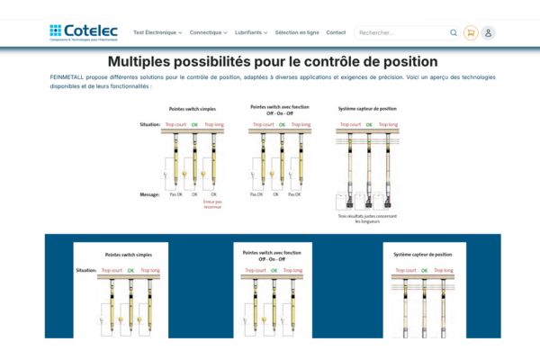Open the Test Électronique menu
click(157, 32)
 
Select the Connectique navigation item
click(208, 32)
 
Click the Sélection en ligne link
click(297, 32)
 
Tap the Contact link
click(336, 32)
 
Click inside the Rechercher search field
click(400, 32)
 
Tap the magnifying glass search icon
click(454, 32)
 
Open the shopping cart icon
click(471, 32)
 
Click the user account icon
click(488, 32)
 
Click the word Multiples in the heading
click(145, 62)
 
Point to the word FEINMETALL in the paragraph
click(68, 77)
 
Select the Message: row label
click(149, 193)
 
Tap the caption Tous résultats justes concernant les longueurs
click(367, 218)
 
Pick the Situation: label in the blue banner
click(86, 269)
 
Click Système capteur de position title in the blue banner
click(424, 255)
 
